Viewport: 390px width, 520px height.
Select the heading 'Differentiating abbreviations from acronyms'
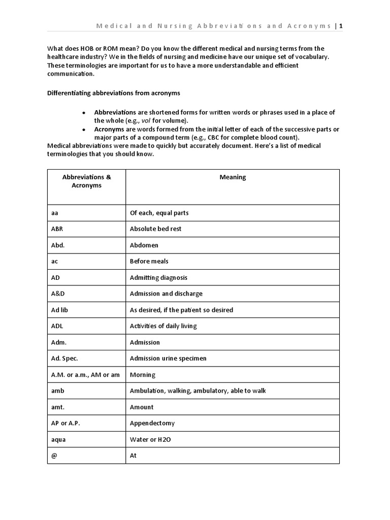pos(113,93)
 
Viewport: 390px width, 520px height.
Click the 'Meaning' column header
pos(233,177)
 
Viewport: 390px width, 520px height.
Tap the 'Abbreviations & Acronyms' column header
pos(86,181)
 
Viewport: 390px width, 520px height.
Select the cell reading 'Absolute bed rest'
pos(155,229)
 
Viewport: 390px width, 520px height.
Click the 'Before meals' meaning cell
pos(149,262)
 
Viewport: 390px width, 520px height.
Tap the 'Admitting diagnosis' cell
pos(158,278)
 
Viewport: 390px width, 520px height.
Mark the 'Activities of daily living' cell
pos(163,326)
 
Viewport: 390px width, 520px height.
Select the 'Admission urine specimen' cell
pos(168,359)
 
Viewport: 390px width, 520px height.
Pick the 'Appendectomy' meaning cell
pos(152,424)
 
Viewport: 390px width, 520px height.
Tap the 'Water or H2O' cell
pos(150,440)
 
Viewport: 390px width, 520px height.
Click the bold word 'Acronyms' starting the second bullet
pos(108,129)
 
